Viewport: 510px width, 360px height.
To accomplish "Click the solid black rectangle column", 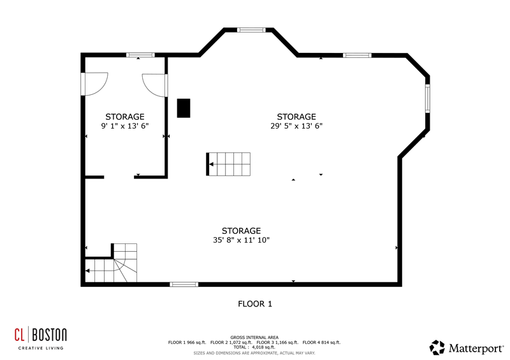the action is pyautogui.click(x=184, y=108).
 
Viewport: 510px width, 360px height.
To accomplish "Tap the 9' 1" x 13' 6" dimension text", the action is pyautogui.click(x=125, y=126).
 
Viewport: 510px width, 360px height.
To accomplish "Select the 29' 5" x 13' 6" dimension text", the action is pyautogui.click(x=296, y=126).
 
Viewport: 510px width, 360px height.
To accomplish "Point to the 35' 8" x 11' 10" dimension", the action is pyautogui.click(x=242, y=240).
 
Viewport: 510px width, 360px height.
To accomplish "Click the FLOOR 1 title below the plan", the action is pyautogui.click(x=255, y=304).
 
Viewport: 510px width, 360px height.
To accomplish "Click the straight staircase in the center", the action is pyautogui.click(x=228, y=164).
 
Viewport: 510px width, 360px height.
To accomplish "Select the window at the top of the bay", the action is pyautogui.click(x=251, y=30).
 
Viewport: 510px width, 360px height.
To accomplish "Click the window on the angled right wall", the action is pyautogui.click(x=427, y=98).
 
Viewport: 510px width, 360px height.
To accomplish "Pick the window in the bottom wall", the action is pyautogui.click(x=184, y=284).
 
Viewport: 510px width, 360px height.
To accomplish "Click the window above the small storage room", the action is pyautogui.click(x=140, y=55).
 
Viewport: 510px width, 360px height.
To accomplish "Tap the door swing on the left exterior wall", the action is pyautogui.click(x=94, y=84).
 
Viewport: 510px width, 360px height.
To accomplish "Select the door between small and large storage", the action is pyautogui.click(x=155, y=85).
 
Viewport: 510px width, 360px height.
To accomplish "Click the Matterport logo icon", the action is pyautogui.click(x=437, y=347).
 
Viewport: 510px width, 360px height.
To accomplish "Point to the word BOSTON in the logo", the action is pyautogui.click(x=49, y=335).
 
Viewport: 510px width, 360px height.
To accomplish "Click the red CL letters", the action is pyautogui.click(x=19, y=335).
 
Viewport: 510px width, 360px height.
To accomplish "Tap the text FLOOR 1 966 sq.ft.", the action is pyautogui.click(x=187, y=342).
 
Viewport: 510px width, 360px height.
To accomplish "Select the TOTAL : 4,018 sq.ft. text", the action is pyautogui.click(x=254, y=347).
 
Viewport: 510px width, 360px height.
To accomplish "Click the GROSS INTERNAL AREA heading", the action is pyautogui.click(x=254, y=338).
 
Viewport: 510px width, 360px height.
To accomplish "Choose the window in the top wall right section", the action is pyautogui.click(x=357, y=55).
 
